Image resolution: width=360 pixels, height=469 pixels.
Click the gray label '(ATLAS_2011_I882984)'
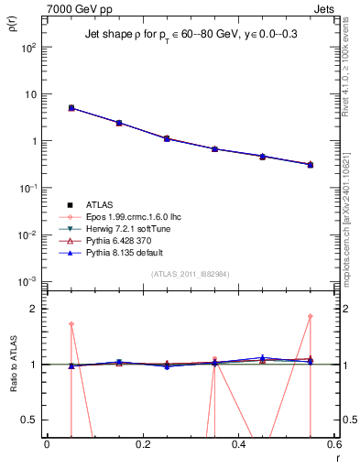tap(190, 275)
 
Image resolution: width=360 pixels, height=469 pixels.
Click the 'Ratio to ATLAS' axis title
tap(13, 366)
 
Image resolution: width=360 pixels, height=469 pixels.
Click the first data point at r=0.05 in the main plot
tap(71, 108)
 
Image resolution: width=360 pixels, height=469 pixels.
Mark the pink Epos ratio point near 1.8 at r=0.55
tap(310, 317)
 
